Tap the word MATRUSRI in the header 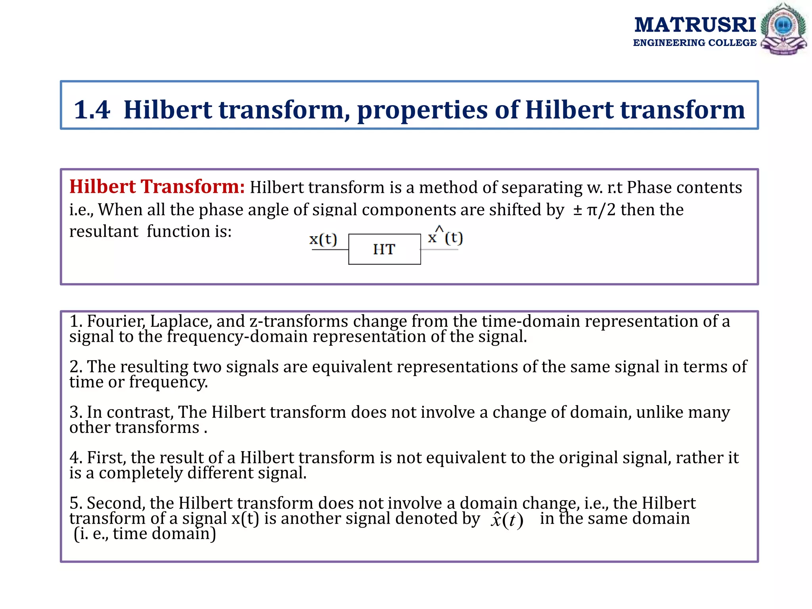coord(695,25)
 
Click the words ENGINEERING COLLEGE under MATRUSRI coord(695,43)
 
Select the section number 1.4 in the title coord(92,110)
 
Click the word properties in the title coord(423,110)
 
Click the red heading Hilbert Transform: coord(157,187)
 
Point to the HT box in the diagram coord(384,249)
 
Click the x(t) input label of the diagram coord(323,239)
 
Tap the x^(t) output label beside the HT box coord(445,237)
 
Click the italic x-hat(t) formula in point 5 coord(507,520)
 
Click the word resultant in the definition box coord(104,232)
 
